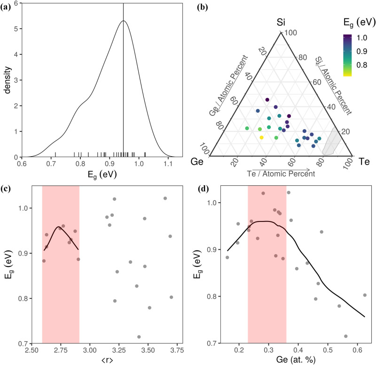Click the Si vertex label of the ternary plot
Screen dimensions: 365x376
281,22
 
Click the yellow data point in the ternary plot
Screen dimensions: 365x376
262,137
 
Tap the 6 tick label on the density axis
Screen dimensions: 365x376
16,3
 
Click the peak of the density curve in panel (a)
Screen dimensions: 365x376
123,21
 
